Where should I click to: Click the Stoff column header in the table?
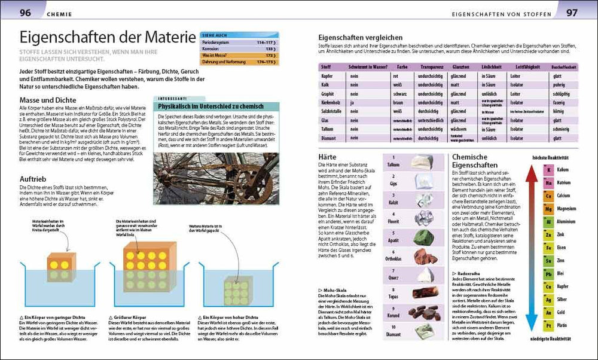(326, 68)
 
